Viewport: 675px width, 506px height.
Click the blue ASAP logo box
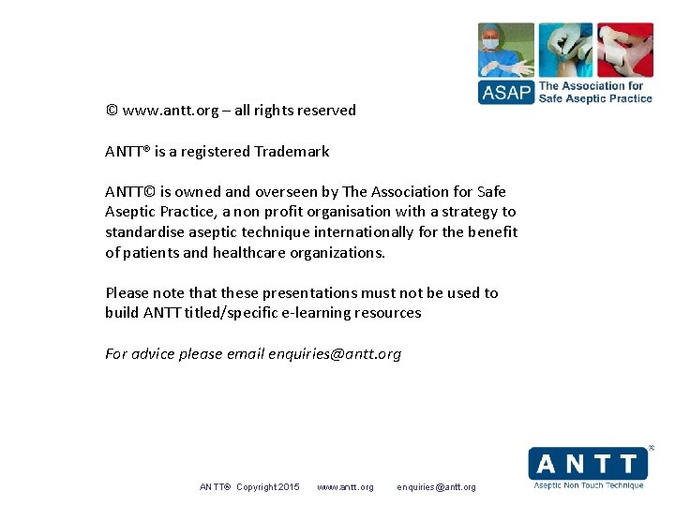[x=506, y=92]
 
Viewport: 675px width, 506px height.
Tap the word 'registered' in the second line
[x=216, y=151]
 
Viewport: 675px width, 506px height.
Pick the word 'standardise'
[x=145, y=231]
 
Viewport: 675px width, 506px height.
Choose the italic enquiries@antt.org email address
[x=335, y=353]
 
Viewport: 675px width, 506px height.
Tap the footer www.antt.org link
[x=345, y=487]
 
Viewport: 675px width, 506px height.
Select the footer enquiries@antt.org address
[x=436, y=487]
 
